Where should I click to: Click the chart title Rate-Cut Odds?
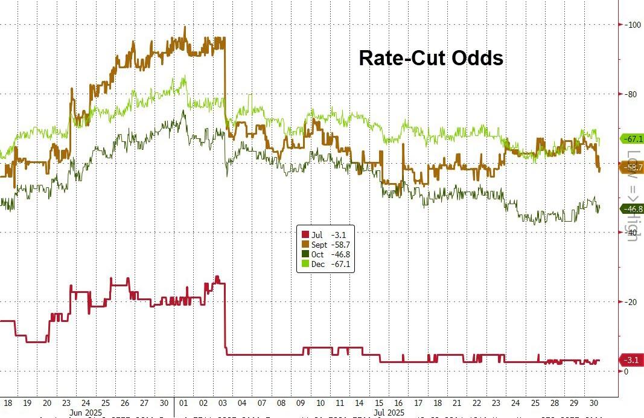pyautogui.click(x=431, y=58)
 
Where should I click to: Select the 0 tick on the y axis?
pyautogui.click(x=626, y=371)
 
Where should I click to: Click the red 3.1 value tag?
pyautogui.click(x=631, y=361)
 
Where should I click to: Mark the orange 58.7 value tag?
pyautogui.click(x=633, y=167)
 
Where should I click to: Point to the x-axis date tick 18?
pyautogui.click(x=8, y=403)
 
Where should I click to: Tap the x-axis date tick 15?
pyautogui.click(x=378, y=403)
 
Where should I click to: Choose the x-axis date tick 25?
pyautogui.click(x=534, y=403)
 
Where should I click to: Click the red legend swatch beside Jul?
pyautogui.click(x=305, y=235)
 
